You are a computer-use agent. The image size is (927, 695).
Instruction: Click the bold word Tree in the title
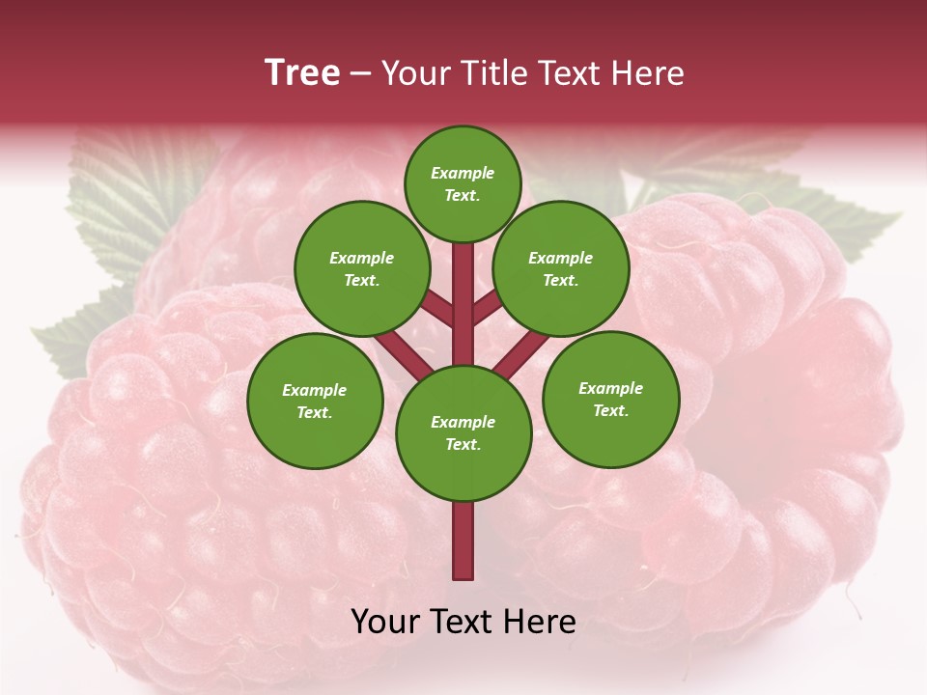pyautogui.click(x=302, y=73)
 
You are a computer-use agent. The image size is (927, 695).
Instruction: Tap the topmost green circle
pyautogui.click(x=463, y=183)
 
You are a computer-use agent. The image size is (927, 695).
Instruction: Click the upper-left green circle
pyautogui.click(x=362, y=268)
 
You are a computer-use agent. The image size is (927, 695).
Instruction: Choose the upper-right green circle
pyautogui.click(x=560, y=268)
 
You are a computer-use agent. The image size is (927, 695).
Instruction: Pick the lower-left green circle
pyautogui.click(x=315, y=401)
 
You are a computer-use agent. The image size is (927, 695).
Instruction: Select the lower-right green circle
pyautogui.click(x=610, y=399)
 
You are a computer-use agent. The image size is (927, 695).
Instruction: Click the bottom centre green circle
pyautogui.click(x=463, y=432)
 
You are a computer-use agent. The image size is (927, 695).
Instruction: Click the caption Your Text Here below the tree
pyautogui.click(x=463, y=622)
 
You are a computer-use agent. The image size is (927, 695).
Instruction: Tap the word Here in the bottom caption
pyautogui.click(x=541, y=622)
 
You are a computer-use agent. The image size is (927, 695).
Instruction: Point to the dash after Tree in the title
pyautogui.click(x=360, y=74)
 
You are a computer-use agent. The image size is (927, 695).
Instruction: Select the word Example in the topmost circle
pyautogui.click(x=463, y=174)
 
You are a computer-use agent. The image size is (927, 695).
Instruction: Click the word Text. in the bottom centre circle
pyautogui.click(x=463, y=445)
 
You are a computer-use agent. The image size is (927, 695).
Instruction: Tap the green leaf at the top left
pyautogui.click(x=126, y=193)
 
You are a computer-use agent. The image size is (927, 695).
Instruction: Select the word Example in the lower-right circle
pyautogui.click(x=610, y=388)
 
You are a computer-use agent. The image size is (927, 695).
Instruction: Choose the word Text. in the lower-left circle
pyautogui.click(x=314, y=413)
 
